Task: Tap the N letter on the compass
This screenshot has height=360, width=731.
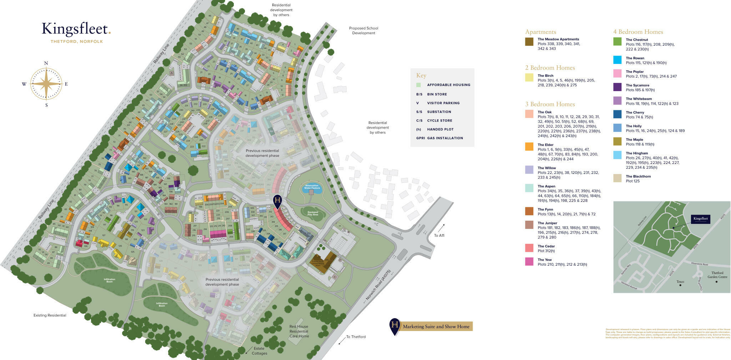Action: (x=46, y=64)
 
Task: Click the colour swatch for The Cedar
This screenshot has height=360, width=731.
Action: (x=529, y=248)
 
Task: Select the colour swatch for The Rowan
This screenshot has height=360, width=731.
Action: (x=617, y=60)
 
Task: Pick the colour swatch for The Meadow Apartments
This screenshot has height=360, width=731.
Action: (x=529, y=41)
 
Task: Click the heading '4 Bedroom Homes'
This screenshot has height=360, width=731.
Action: (x=638, y=32)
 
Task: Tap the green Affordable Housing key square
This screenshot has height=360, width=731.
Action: (x=418, y=85)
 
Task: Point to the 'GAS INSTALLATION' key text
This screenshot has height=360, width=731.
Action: (x=445, y=138)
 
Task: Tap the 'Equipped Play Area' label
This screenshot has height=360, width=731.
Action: (x=313, y=214)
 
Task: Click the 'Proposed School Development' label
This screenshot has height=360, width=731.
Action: (x=363, y=30)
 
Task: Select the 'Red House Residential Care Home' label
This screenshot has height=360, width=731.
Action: (x=299, y=331)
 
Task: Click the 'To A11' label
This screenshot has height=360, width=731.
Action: (x=439, y=235)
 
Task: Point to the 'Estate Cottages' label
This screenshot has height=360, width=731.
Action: (x=259, y=351)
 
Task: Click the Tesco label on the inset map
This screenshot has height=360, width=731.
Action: (x=680, y=281)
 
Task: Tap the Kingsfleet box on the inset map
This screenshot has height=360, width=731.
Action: (x=700, y=219)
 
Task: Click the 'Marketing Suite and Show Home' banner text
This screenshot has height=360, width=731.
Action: (x=436, y=326)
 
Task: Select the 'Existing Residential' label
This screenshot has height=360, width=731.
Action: (x=50, y=315)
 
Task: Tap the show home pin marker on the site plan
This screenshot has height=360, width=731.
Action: (x=277, y=201)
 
